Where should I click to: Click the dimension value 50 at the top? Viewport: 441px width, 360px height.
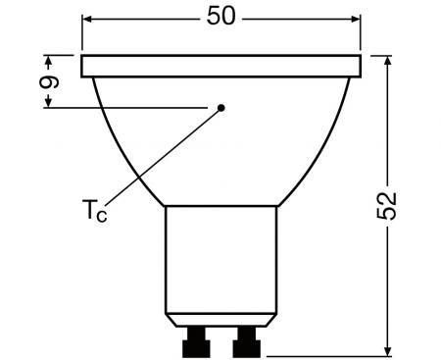tap(222, 18)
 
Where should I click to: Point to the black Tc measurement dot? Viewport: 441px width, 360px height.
tap(222, 106)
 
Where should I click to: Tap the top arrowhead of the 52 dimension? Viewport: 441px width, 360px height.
tap(389, 61)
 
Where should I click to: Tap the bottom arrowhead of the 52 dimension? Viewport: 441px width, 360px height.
tap(389, 347)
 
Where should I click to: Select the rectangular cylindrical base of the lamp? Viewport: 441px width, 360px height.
tap(221, 265)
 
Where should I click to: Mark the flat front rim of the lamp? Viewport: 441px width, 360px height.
tap(222, 67)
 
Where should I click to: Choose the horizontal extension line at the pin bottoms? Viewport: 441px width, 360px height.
tap(323, 354)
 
